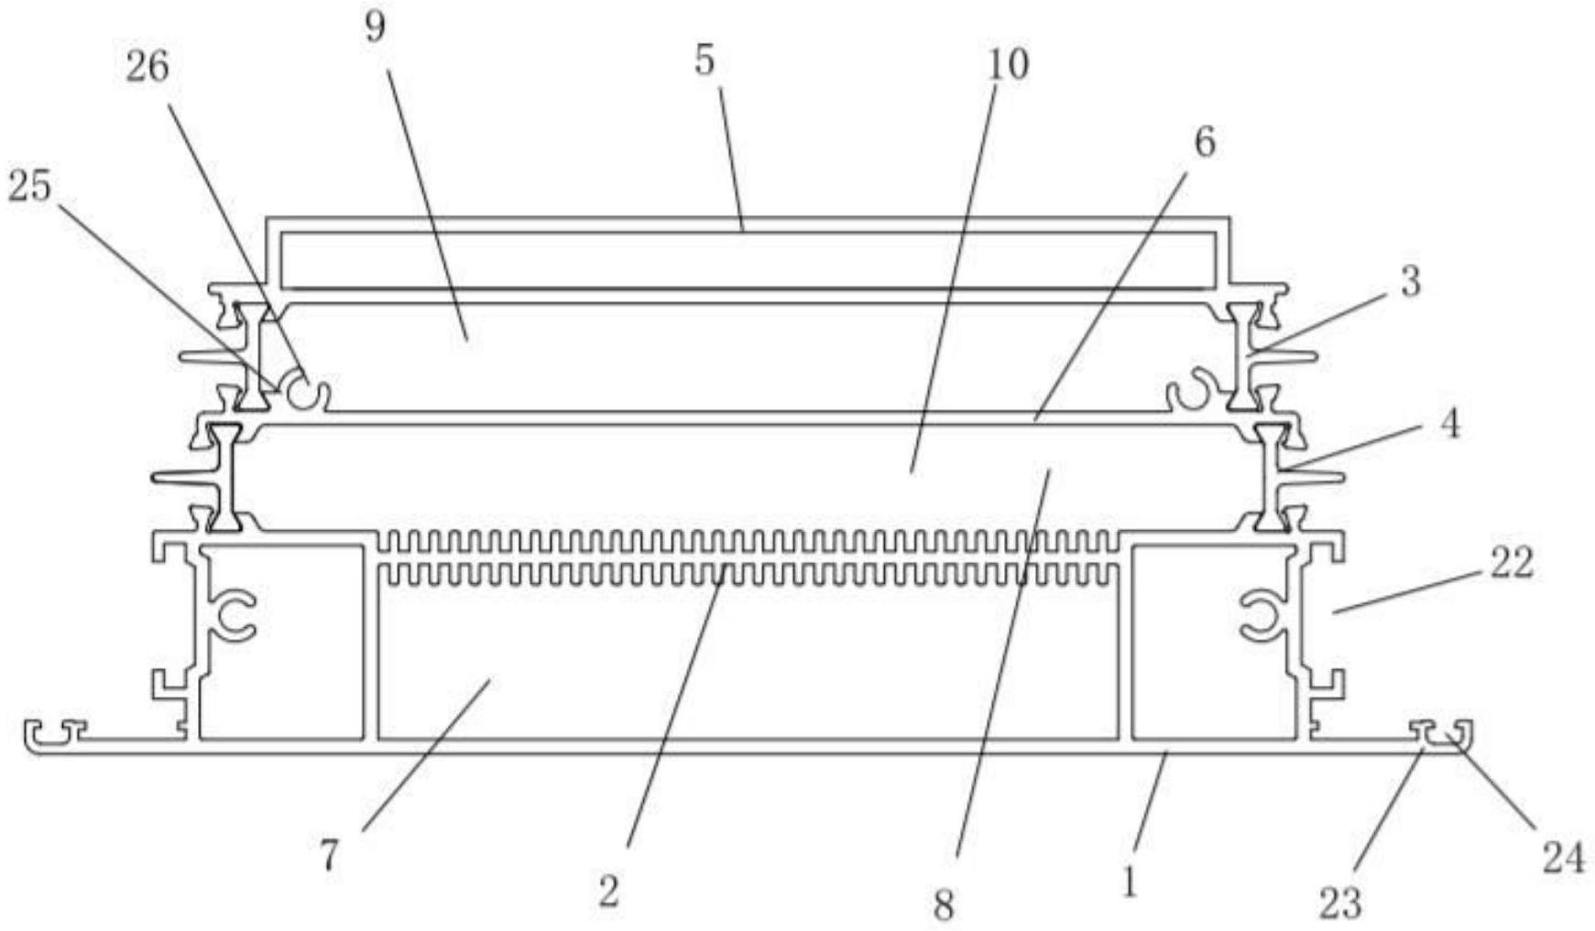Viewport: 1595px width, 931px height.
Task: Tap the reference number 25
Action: (x=30, y=188)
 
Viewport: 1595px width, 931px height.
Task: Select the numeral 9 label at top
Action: (x=375, y=27)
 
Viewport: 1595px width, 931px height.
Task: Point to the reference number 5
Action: (x=704, y=61)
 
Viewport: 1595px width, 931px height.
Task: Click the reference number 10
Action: (x=1008, y=65)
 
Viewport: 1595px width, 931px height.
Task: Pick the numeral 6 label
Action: (x=1204, y=143)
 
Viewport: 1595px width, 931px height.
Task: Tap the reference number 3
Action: (x=1410, y=281)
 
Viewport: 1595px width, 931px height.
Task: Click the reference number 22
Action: (x=1511, y=562)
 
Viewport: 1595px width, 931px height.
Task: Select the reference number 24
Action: (x=1563, y=859)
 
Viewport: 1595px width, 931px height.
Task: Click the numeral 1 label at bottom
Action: (x=1130, y=882)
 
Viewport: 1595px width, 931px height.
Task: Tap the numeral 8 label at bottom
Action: (x=944, y=904)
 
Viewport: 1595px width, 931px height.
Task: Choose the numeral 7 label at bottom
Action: (x=329, y=856)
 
